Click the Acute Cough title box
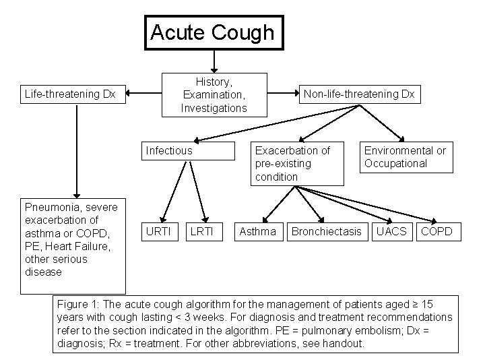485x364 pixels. point(213,32)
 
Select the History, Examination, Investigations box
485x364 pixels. point(214,95)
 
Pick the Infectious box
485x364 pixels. point(170,150)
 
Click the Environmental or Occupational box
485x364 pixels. point(405,156)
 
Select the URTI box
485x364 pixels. point(158,231)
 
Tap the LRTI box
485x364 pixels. point(201,231)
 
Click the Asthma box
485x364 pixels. point(258,231)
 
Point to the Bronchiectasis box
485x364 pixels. point(326,231)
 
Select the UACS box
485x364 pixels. point(391,231)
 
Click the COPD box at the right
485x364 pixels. point(437,231)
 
